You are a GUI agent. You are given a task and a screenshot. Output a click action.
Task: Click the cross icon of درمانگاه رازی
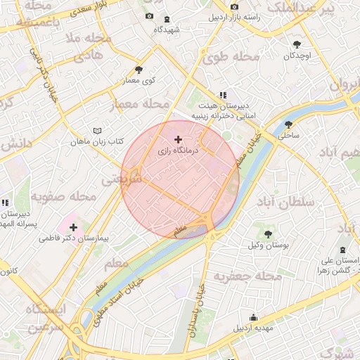177,140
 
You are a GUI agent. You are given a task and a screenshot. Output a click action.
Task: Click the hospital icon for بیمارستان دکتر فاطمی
73,227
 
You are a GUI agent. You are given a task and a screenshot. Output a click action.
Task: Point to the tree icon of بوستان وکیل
267,233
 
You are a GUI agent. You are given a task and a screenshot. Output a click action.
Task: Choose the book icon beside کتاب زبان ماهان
97,131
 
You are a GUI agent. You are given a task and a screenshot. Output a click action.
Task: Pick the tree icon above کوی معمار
139,69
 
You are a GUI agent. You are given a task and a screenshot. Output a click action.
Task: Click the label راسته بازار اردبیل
236,17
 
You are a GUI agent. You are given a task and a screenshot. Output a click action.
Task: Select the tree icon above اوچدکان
297,44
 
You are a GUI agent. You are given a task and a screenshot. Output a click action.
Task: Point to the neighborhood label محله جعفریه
243,275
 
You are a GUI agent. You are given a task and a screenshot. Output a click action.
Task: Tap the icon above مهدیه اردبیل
254,317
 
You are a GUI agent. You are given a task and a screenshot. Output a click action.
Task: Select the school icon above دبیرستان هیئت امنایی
223,94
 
